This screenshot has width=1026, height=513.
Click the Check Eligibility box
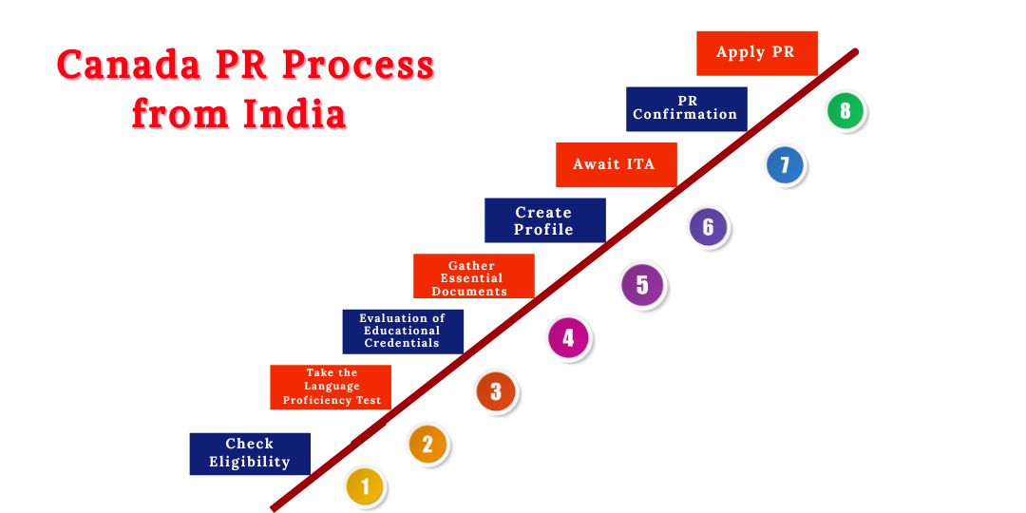pos(250,453)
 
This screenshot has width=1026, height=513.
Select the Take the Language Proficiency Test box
pos(331,387)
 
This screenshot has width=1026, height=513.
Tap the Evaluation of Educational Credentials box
pos(403,331)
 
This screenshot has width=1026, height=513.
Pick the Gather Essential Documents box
pos(473,276)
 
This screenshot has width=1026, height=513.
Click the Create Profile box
pos(544,220)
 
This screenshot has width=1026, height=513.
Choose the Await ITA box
pos(616,164)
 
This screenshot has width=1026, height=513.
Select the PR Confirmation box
pos(686,108)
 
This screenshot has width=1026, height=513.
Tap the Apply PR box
pos(756,53)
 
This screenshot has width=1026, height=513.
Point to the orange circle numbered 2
pos(427,444)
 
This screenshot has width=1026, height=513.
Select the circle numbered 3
pos(496,391)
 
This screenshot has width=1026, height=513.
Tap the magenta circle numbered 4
pos(568,337)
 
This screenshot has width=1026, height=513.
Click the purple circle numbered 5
pos(642,284)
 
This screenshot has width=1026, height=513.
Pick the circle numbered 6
pos(708,228)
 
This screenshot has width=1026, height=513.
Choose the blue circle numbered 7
pos(785,166)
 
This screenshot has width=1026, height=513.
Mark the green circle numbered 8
pos(845,111)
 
